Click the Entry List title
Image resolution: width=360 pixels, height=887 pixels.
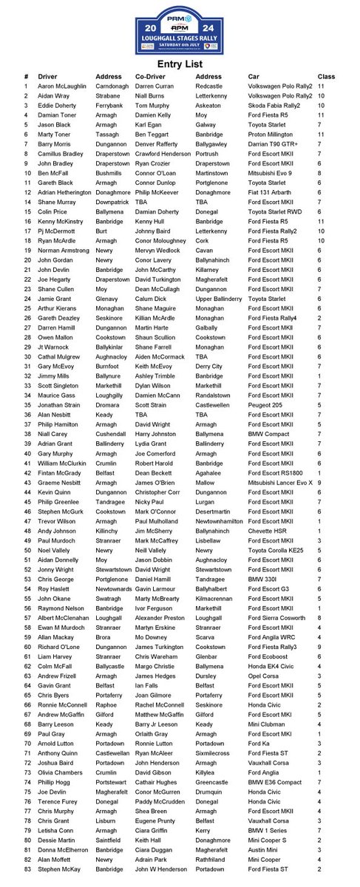180,65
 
